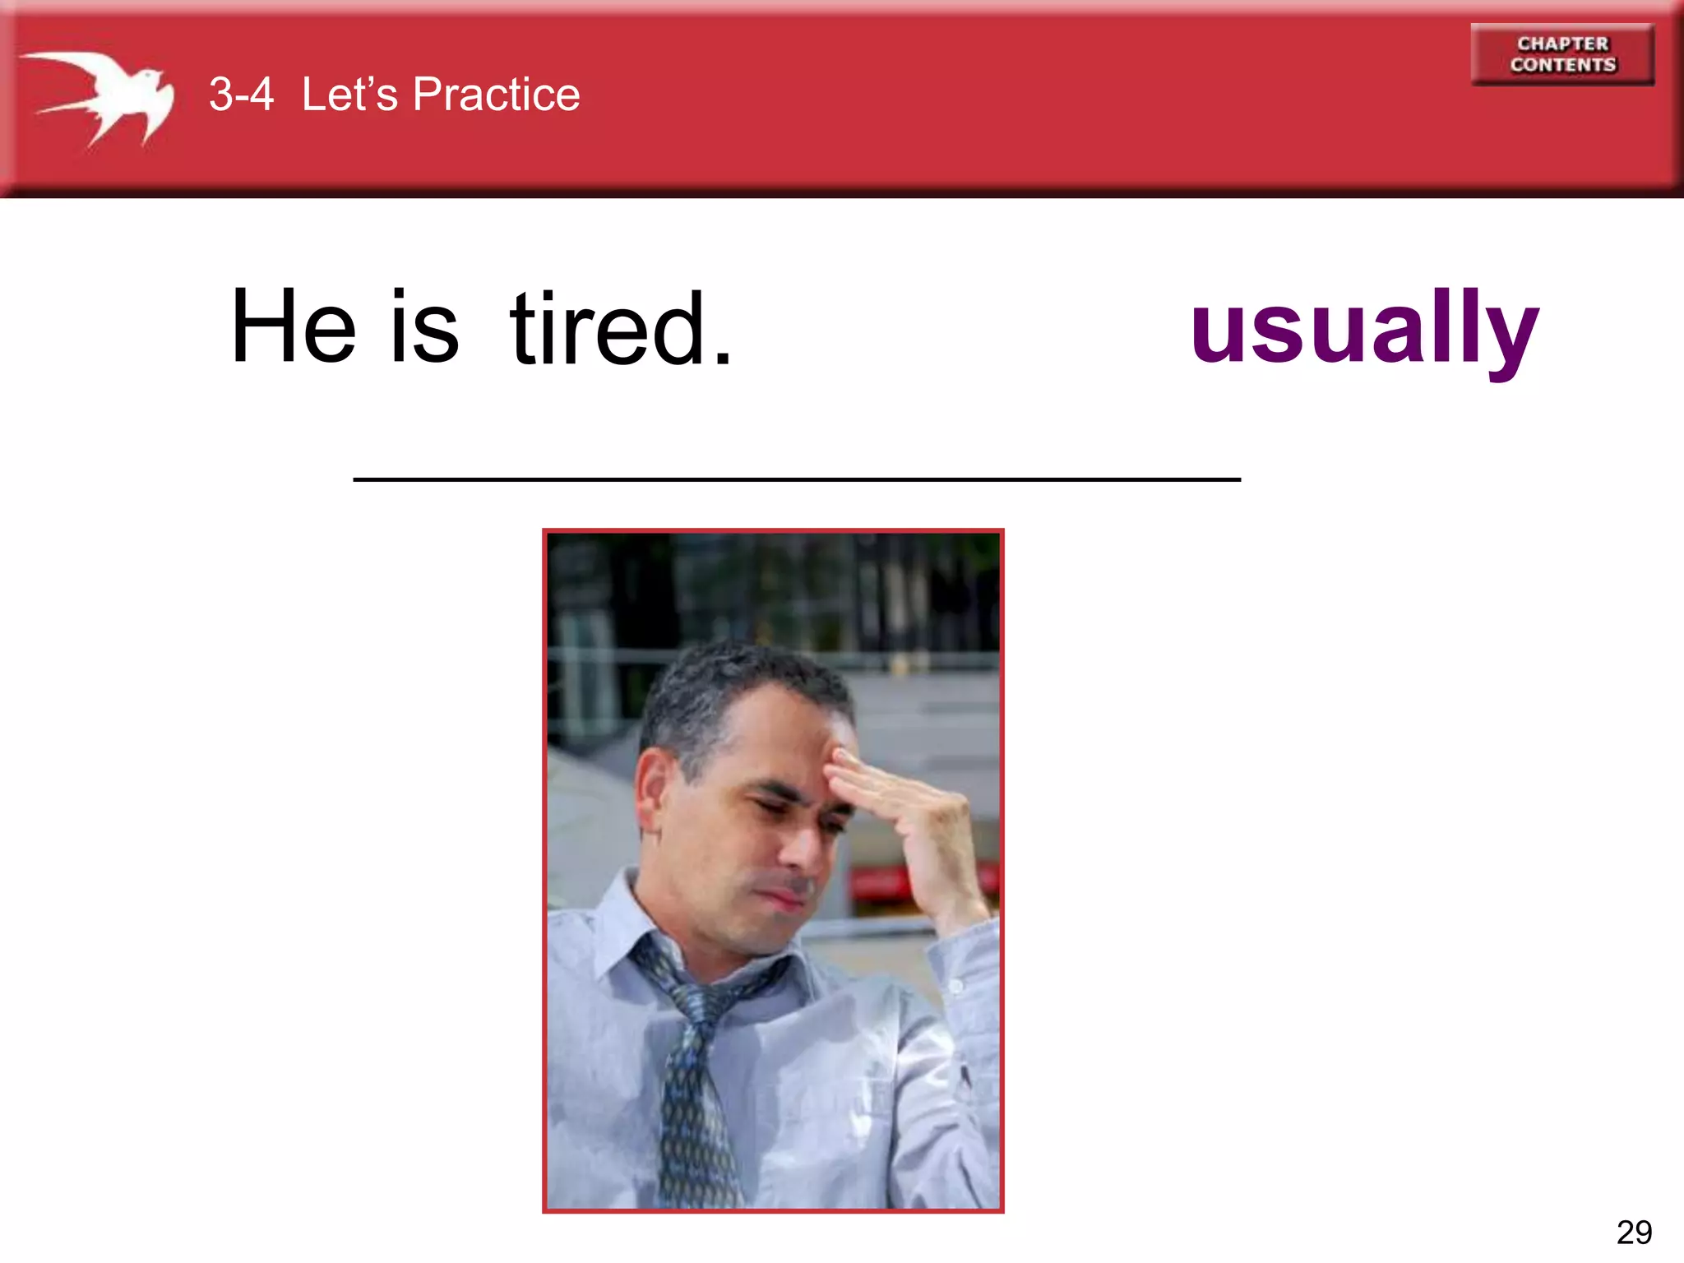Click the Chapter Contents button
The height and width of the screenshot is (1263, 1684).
pyautogui.click(x=1562, y=54)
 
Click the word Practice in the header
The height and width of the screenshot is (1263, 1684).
pyautogui.click(x=496, y=95)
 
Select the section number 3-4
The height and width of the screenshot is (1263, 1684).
pyautogui.click(x=241, y=95)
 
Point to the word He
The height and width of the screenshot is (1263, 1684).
pyautogui.click(x=294, y=326)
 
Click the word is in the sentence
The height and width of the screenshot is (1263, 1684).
pyautogui.click(x=424, y=326)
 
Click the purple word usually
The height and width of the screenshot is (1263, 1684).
pyautogui.click(x=1364, y=329)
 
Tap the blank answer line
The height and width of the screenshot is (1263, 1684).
pyautogui.click(x=796, y=479)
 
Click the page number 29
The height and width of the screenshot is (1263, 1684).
pyautogui.click(x=1634, y=1233)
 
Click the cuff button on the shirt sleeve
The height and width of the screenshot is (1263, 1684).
pyautogui.click(x=956, y=986)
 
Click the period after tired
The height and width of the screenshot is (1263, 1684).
pyautogui.click(x=722, y=359)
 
